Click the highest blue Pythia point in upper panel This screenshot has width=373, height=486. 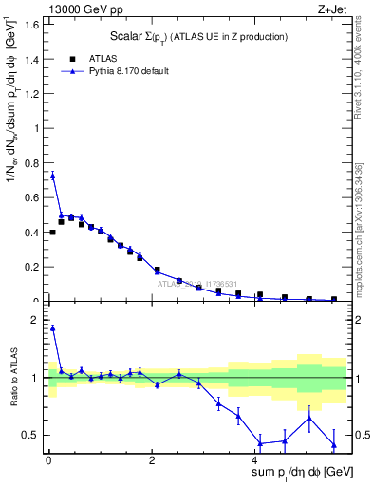click(52, 176)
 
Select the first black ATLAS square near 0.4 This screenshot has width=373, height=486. click(52, 233)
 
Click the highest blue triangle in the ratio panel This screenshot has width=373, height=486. click(52, 328)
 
